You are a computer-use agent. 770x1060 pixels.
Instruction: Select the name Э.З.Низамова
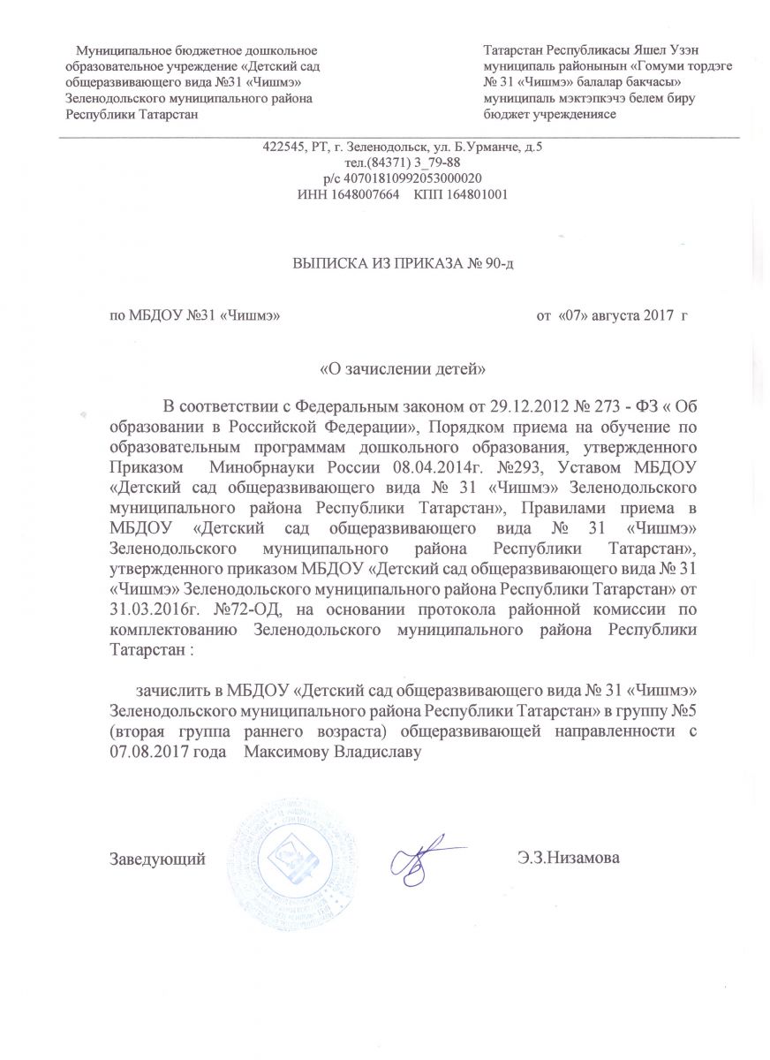(570, 857)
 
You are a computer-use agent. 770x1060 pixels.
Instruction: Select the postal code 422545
(283, 148)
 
